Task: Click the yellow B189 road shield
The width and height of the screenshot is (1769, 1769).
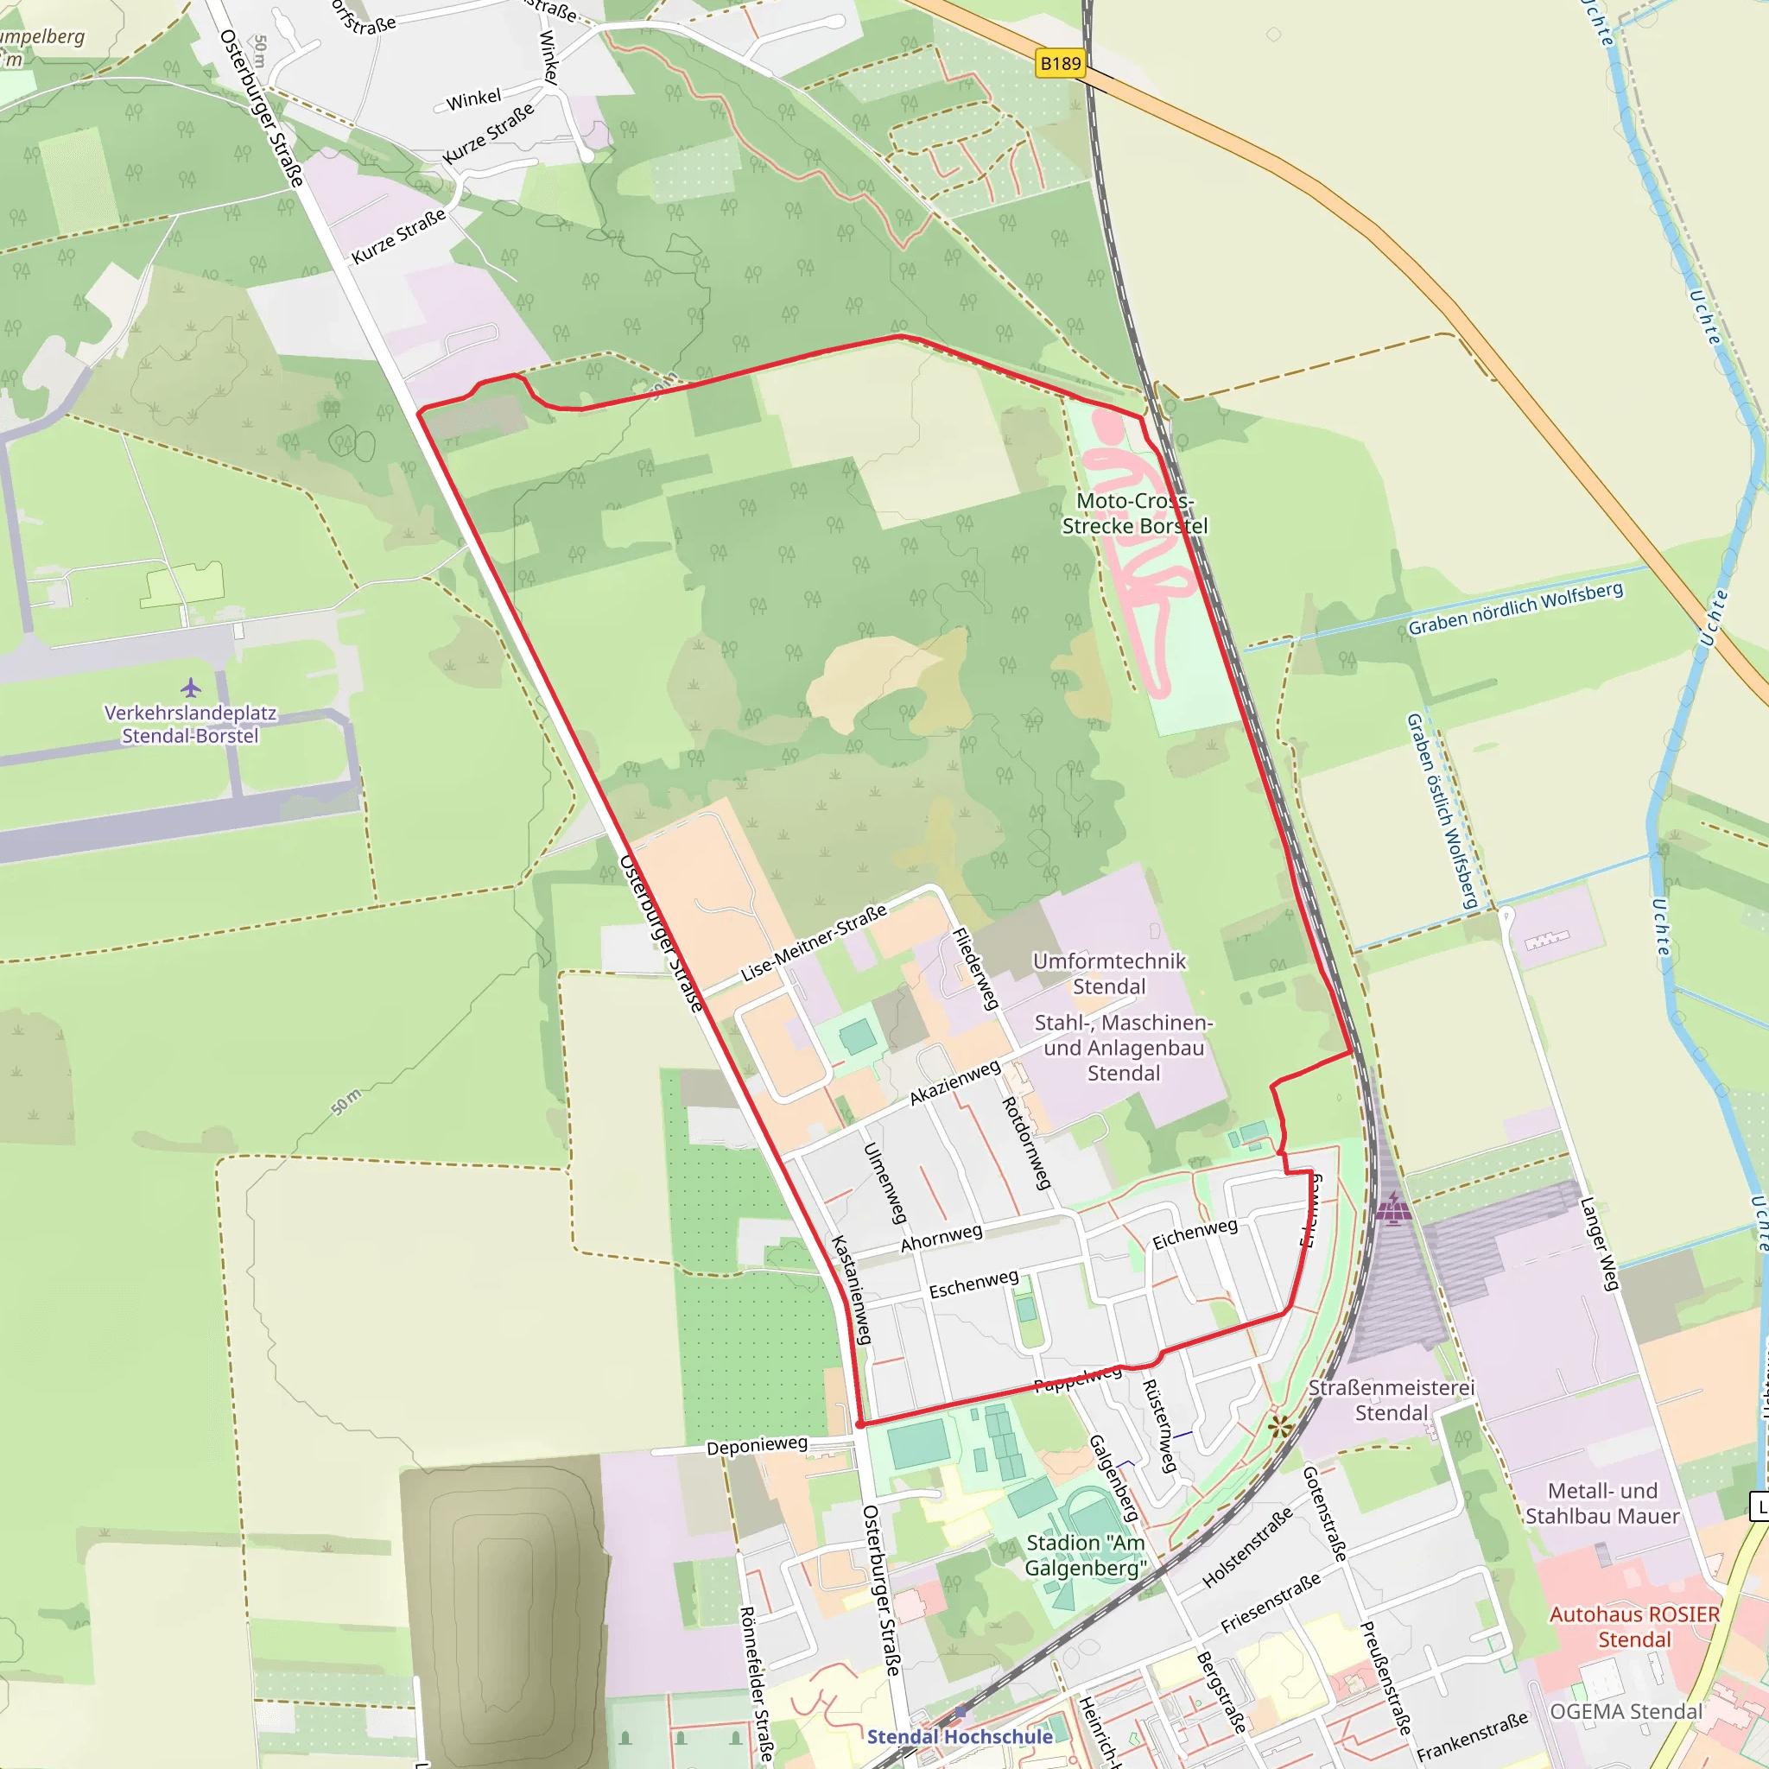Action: (1061, 63)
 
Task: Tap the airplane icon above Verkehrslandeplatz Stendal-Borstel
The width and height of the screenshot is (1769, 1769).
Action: (190, 687)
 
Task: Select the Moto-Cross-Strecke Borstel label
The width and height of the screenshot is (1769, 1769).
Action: (1134, 514)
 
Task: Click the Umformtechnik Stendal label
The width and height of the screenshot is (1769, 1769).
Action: (1109, 973)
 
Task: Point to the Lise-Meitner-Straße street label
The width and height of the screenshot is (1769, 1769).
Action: (813, 943)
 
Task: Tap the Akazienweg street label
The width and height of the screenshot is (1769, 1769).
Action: (955, 1082)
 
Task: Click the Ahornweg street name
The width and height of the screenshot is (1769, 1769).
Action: (942, 1238)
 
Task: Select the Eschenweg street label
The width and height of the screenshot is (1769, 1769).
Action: (973, 1284)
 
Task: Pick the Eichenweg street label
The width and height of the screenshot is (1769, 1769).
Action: (1195, 1233)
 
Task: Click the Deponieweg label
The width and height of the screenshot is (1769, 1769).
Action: (757, 1445)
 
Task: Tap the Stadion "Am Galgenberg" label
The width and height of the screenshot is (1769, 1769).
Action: (1085, 1555)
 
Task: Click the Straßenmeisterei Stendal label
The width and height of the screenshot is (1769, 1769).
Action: (1391, 1400)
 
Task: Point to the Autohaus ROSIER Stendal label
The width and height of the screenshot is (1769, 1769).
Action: (1634, 1626)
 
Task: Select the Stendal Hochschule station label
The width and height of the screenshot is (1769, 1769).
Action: (960, 1737)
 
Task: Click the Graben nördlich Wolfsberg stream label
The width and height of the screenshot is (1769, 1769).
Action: (1515, 609)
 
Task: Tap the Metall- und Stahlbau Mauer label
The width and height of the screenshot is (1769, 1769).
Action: (1602, 1504)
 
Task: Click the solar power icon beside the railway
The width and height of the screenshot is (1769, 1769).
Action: (1392, 1208)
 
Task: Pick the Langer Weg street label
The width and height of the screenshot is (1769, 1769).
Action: (1600, 1244)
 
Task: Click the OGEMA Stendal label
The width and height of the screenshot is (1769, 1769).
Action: (1626, 1711)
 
